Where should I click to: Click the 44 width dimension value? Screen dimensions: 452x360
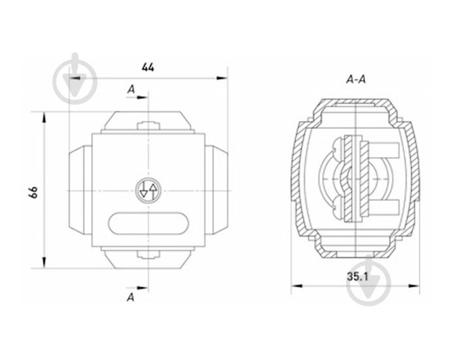(148, 67)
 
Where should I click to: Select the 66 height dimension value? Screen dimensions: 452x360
(33, 192)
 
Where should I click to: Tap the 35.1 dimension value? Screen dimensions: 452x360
(357, 277)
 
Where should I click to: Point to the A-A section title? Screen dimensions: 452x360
(356, 79)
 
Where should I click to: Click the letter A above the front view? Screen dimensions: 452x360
(131, 90)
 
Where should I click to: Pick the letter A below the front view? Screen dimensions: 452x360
(131, 297)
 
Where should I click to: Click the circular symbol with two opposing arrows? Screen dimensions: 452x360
(148, 190)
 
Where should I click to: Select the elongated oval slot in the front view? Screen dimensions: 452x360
(148, 224)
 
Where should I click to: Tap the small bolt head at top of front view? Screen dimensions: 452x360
(148, 126)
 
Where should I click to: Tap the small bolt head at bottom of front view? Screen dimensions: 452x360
(148, 254)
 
